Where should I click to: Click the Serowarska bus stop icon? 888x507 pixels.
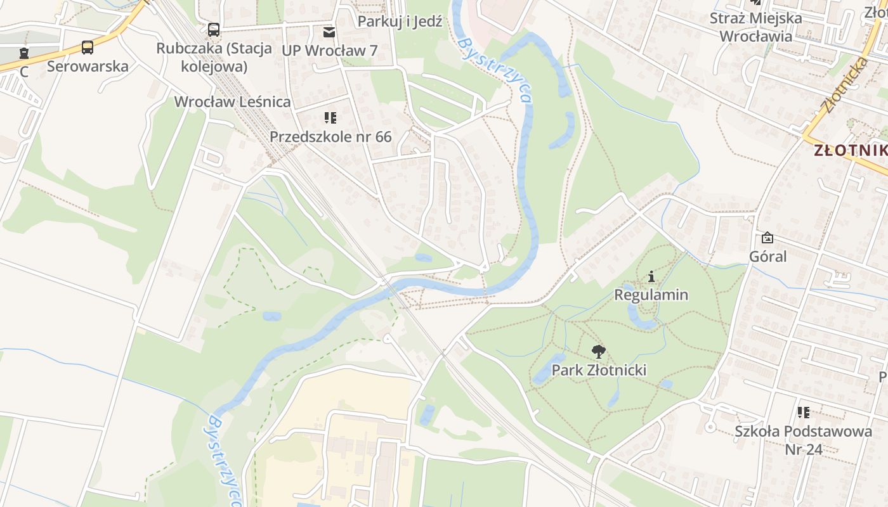coord(88,48)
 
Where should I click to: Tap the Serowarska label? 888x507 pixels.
coord(88,66)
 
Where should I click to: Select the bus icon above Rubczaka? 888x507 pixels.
coord(214,29)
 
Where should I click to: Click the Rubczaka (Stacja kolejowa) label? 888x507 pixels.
coord(214,57)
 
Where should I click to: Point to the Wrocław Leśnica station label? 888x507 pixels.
coord(232,101)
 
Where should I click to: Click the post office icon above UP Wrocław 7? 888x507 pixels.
coord(329,32)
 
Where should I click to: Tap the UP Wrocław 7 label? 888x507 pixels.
coord(329,51)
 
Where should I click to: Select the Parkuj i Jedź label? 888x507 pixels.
coord(400,22)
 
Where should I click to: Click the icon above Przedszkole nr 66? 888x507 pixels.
coord(330,118)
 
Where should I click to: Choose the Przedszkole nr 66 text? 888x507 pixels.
coord(330,136)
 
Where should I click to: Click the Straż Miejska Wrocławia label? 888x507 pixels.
coord(755,27)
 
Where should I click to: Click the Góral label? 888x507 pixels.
coord(767,257)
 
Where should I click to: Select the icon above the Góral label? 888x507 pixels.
coord(767,238)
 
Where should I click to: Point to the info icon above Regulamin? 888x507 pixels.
coord(651,276)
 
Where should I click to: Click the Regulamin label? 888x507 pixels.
coord(651,295)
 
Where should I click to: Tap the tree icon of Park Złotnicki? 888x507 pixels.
coord(598,352)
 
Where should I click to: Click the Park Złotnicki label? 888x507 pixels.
coord(599,370)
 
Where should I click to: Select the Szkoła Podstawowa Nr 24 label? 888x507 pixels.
coord(803,440)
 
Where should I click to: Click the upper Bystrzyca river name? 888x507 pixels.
coord(494,70)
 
